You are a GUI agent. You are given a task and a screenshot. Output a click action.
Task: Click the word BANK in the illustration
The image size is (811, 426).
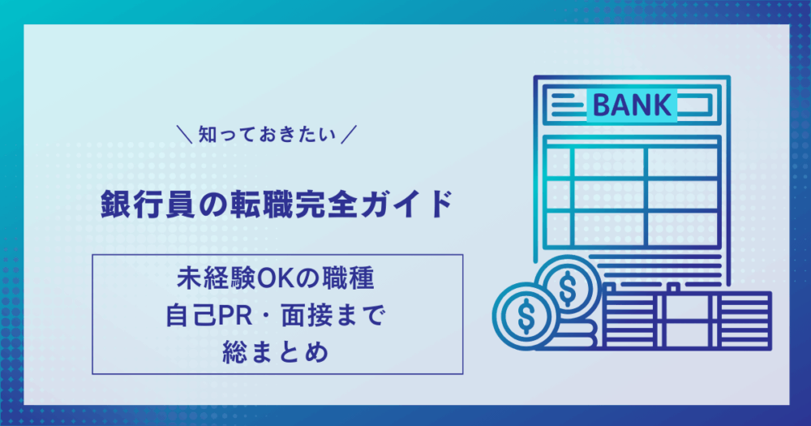[x=632, y=105]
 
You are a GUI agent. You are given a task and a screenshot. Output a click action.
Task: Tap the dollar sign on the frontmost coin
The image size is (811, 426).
[x=526, y=315]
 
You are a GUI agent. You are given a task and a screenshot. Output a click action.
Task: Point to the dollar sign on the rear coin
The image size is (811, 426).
[x=568, y=288]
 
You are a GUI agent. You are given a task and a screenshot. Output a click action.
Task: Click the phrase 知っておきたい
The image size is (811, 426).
[x=267, y=135]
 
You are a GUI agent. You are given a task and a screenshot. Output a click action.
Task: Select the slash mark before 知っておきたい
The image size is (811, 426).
[x=184, y=135]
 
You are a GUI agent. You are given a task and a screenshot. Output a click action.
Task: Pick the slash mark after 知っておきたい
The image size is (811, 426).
[x=349, y=135]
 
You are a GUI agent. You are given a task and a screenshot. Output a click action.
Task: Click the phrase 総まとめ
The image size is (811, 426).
[x=276, y=352]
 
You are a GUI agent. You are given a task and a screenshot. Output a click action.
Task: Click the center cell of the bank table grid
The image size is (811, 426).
[x=609, y=195]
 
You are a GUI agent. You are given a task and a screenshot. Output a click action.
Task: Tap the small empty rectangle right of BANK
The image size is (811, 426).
[x=695, y=105]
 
